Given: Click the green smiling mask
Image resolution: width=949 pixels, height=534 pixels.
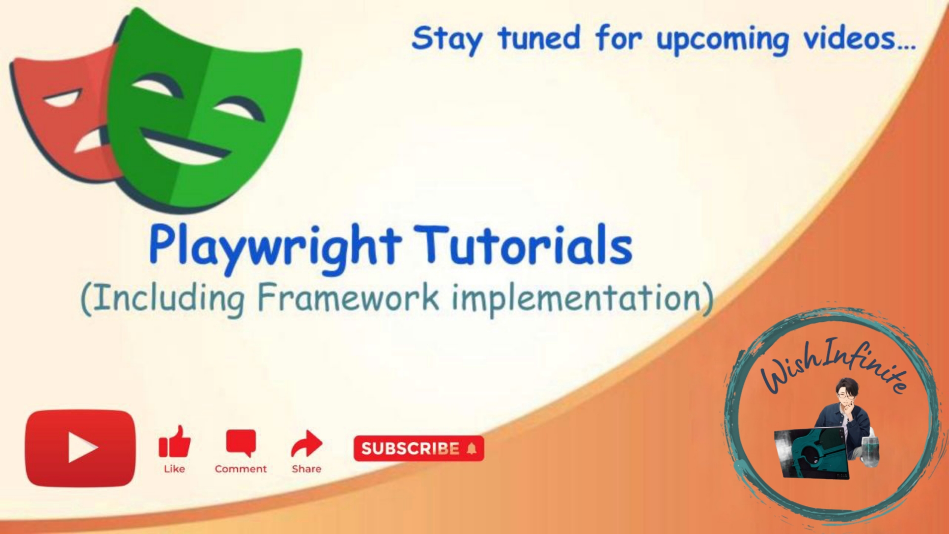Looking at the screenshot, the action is (x=198, y=109).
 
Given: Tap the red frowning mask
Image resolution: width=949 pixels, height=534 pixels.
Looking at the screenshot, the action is (x=64, y=114).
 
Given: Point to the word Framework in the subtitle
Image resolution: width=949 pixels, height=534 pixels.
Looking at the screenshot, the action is (x=348, y=298).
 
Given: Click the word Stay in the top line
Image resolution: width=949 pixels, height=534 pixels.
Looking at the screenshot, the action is (x=447, y=40).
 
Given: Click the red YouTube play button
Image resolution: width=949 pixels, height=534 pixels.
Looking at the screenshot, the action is (x=80, y=448).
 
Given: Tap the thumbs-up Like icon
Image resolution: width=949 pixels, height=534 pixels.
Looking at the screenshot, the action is (x=174, y=441).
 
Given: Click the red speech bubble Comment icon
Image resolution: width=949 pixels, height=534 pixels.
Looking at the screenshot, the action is (x=241, y=443).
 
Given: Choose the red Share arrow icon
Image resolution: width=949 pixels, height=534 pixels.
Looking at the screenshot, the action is (x=306, y=444).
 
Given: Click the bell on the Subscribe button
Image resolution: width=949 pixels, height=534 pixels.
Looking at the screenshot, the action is (x=472, y=448).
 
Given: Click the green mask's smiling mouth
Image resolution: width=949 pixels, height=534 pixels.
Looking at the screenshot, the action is (x=185, y=147).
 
